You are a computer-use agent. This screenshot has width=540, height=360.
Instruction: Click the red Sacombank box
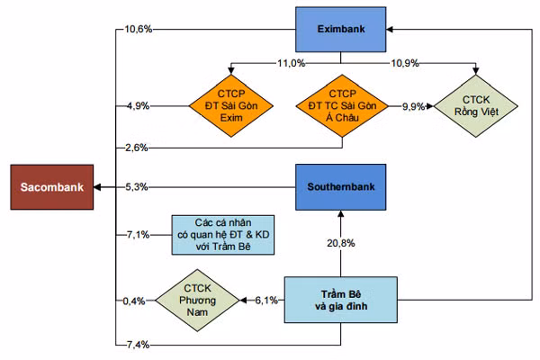pyautogui.click(x=52, y=187)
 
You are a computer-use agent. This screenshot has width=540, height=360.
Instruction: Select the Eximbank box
pyautogui.click(x=340, y=30)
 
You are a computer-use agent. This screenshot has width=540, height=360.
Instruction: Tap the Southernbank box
pyautogui.click(x=340, y=187)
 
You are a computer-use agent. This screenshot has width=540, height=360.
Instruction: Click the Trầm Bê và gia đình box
pyautogui.click(x=340, y=300)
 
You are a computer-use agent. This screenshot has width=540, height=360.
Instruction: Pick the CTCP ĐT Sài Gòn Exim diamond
pyautogui.click(x=231, y=106)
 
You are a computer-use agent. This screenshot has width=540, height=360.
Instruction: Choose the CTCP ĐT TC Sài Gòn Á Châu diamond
pyautogui.click(x=342, y=106)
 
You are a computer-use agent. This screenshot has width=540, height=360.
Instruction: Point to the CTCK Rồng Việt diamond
pyautogui.click(x=475, y=106)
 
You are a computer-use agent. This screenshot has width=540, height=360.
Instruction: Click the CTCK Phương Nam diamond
pyautogui.click(x=197, y=300)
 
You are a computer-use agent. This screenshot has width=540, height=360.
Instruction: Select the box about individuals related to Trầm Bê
pyautogui.click(x=223, y=235)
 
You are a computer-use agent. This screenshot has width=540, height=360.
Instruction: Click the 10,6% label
pyautogui.click(x=138, y=30)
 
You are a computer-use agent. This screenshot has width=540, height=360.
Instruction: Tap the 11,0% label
pyautogui.click(x=292, y=63)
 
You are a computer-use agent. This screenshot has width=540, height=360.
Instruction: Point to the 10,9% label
pyautogui.click(x=405, y=63)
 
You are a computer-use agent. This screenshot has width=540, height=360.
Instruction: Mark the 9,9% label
pyautogui.click(x=413, y=106)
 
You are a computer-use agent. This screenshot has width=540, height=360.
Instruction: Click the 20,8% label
pyautogui.click(x=341, y=243)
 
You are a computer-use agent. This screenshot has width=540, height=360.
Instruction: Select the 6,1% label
pyautogui.click(x=266, y=301)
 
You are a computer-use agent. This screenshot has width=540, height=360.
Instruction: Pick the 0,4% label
pyautogui.click(x=134, y=301)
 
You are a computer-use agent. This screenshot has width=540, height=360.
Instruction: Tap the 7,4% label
pyautogui.click(x=138, y=345)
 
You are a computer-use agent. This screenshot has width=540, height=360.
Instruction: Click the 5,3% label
pyautogui.click(x=137, y=187)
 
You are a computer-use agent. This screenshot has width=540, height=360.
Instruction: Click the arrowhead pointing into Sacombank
pyautogui.click(x=97, y=187)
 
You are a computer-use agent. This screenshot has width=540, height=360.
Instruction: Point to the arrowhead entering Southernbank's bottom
pyautogui.click(x=341, y=213)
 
